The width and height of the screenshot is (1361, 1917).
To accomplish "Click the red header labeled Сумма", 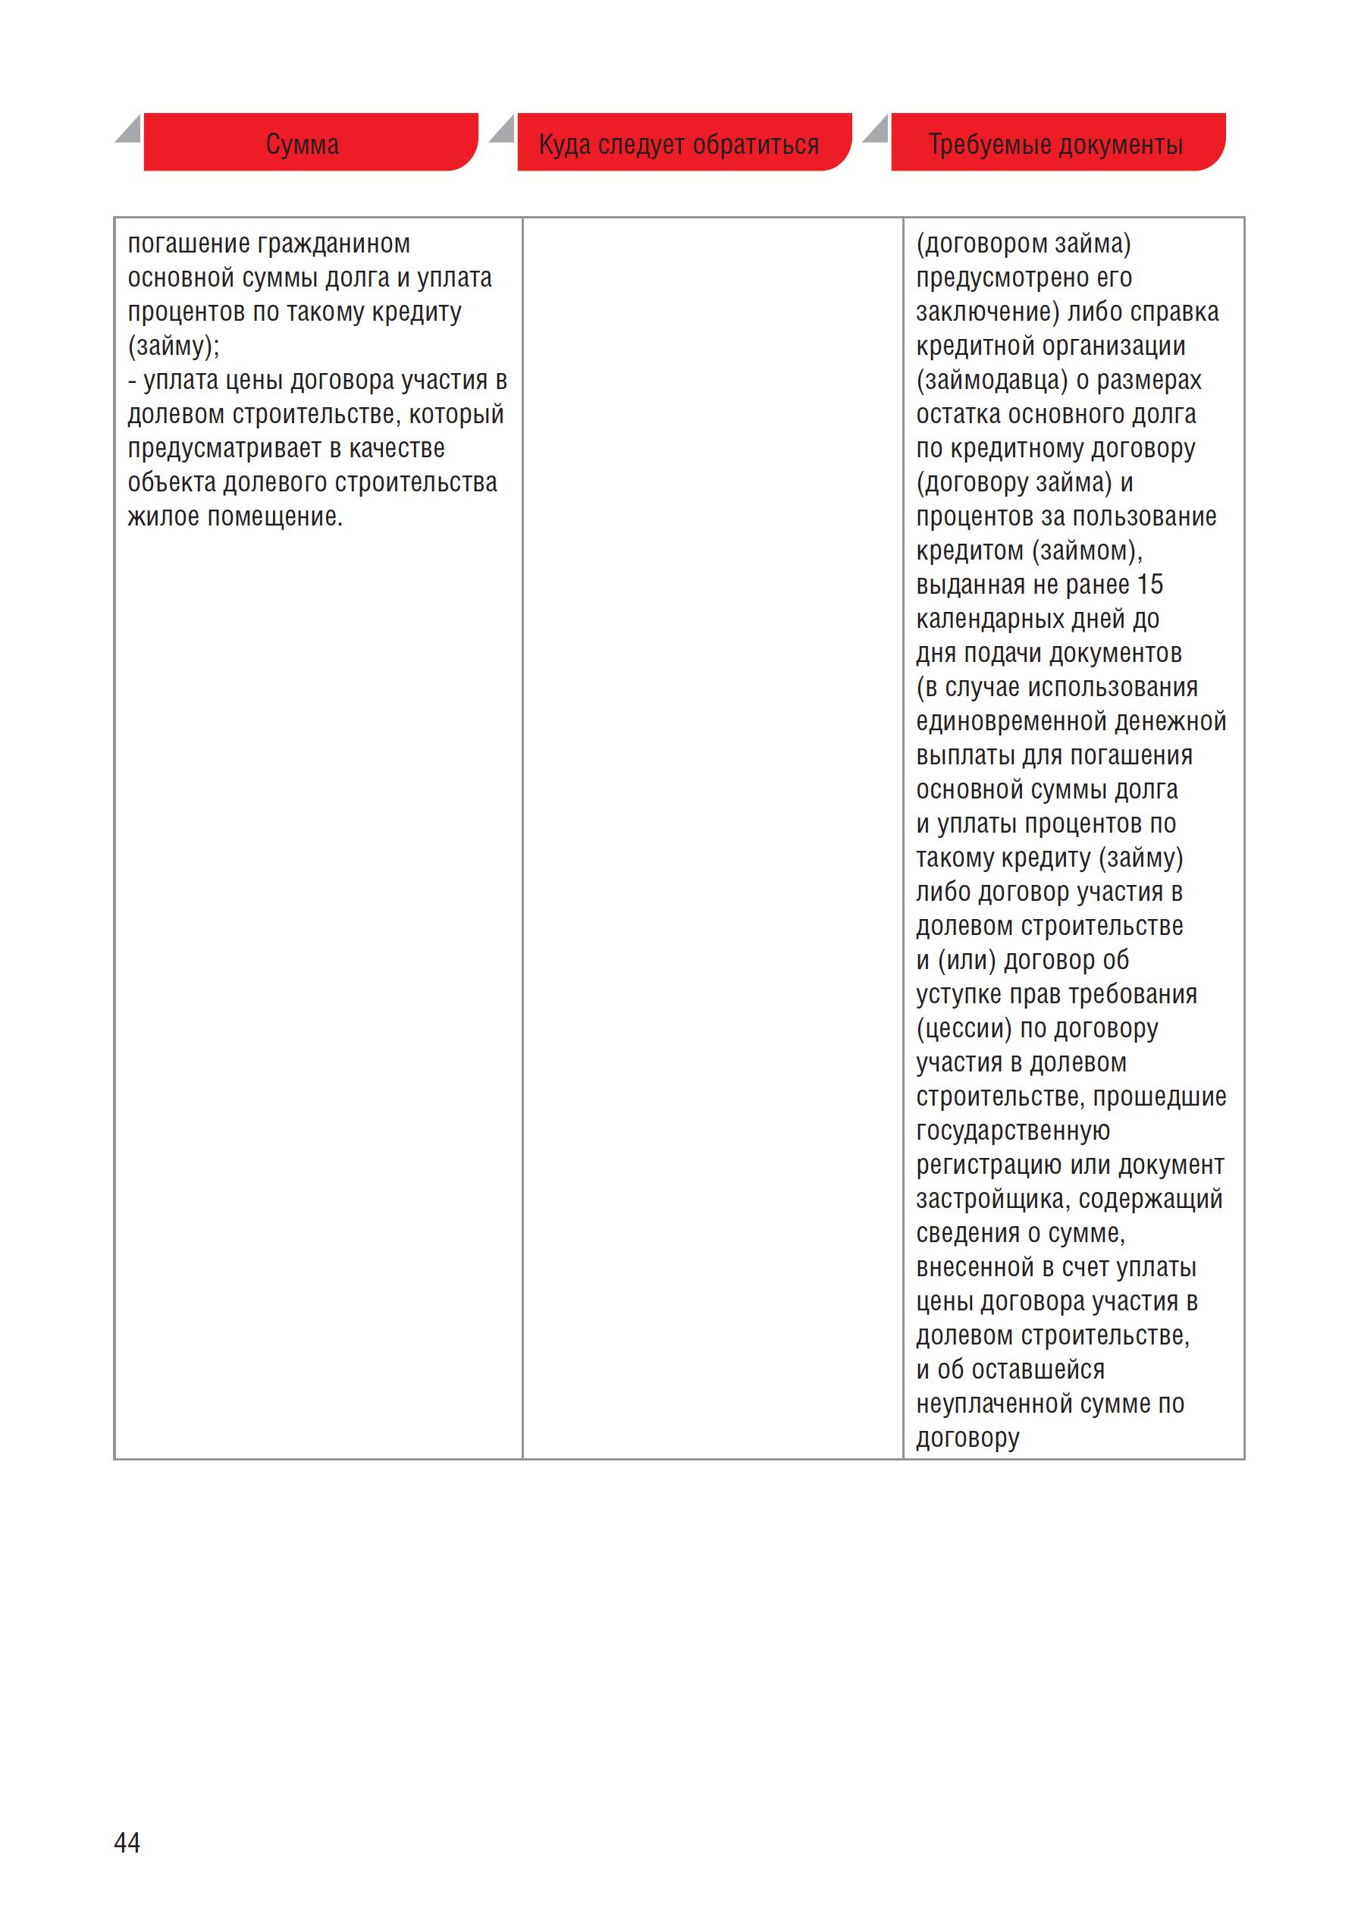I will [x=303, y=144].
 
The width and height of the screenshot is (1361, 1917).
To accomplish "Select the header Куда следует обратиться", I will [x=679, y=144].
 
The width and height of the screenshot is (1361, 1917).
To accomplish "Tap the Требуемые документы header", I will [x=1055, y=144].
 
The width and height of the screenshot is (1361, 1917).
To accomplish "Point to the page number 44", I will [x=127, y=1842].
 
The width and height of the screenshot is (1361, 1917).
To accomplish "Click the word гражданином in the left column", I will [x=334, y=244].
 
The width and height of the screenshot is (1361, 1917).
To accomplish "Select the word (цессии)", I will [x=964, y=1028].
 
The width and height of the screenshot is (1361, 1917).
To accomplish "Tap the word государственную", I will [x=1012, y=1131].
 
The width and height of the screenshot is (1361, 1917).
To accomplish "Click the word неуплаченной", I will [x=995, y=1404].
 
